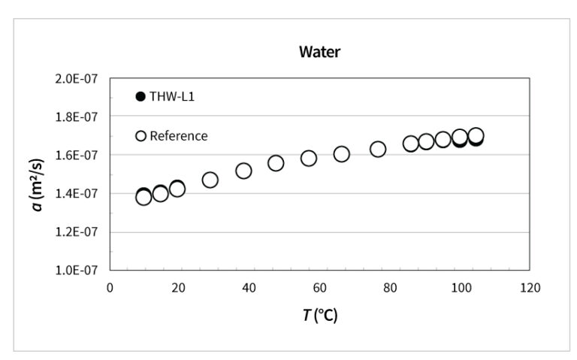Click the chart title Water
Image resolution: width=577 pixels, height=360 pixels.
[x=319, y=52]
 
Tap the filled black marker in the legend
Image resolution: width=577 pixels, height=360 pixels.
[x=140, y=96]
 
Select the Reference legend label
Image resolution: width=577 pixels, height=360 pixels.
[x=178, y=136]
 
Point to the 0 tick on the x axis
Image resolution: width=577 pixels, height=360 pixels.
[x=110, y=287]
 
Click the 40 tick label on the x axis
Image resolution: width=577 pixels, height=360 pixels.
[x=249, y=287]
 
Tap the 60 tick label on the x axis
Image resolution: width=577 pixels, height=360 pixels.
[x=319, y=287]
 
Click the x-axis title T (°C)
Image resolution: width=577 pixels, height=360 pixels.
[x=320, y=315]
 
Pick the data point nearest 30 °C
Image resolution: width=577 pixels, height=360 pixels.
[x=210, y=180]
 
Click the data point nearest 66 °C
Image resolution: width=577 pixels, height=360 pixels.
[x=341, y=153]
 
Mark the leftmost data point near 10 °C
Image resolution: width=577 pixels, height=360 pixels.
[x=143, y=197]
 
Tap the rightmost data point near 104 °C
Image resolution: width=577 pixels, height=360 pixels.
[x=476, y=136]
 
